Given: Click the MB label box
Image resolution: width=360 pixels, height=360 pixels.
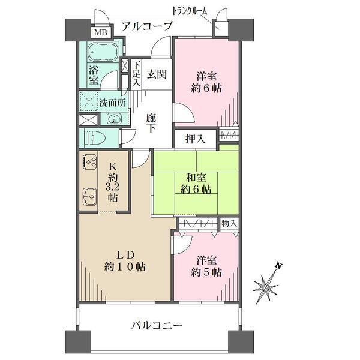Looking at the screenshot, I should click(x=100, y=32).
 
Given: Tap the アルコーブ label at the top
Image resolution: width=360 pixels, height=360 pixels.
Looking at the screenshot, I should click(x=147, y=26).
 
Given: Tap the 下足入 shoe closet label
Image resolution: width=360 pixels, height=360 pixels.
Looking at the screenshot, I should click(x=136, y=74).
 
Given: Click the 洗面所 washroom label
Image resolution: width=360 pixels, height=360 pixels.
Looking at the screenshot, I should click(x=112, y=102).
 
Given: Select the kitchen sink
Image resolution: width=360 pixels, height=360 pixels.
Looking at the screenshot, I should click(x=90, y=196).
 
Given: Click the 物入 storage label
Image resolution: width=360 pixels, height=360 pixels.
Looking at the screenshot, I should click(x=229, y=223).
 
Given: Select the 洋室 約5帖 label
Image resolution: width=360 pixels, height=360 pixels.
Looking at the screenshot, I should click(x=208, y=266).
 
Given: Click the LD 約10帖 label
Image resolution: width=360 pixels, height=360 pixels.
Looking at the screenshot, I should click(x=124, y=259).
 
